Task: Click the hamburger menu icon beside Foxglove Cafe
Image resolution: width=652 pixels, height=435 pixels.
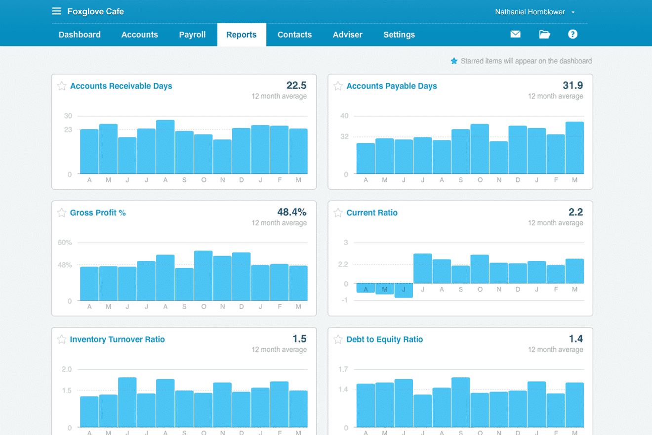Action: (56, 11)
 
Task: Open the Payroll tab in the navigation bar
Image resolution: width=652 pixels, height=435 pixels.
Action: (192, 35)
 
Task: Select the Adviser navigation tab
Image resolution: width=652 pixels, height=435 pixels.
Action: (347, 35)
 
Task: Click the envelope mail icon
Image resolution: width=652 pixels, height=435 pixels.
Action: (515, 34)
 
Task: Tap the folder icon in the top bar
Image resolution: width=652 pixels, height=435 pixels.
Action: (544, 34)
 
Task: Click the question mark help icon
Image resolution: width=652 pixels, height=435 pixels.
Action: (572, 34)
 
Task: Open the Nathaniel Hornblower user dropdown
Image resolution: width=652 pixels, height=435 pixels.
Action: (535, 12)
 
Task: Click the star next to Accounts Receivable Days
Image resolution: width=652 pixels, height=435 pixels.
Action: (62, 86)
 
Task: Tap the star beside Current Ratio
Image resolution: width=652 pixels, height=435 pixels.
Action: (338, 213)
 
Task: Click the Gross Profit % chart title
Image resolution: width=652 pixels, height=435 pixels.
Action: (98, 213)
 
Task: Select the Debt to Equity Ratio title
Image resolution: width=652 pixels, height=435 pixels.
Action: (384, 340)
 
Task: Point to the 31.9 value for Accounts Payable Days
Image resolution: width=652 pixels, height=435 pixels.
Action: (572, 86)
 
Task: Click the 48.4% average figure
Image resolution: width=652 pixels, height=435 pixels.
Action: (291, 212)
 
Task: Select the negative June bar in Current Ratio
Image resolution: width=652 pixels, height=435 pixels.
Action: (404, 291)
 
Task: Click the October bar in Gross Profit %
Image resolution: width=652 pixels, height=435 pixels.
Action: (204, 276)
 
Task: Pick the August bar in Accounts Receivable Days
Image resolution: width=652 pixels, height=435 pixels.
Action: (165, 147)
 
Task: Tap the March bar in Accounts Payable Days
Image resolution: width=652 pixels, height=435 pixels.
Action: (574, 148)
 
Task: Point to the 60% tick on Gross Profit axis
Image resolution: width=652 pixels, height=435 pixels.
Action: (65, 243)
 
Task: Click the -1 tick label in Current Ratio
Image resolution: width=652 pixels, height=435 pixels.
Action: (344, 301)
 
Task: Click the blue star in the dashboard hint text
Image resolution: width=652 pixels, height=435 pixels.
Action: (454, 61)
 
